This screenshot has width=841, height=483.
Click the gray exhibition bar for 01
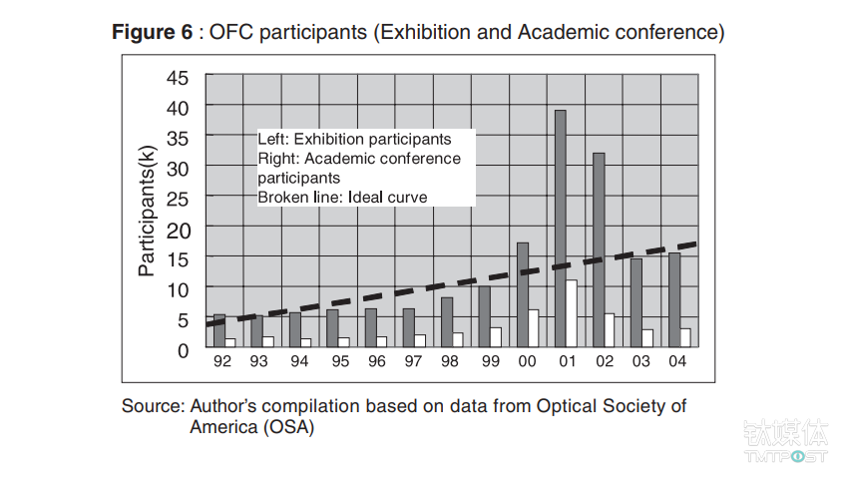pyautogui.click(x=561, y=228)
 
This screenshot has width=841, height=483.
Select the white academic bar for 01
pyautogui.click(x=572, y=313)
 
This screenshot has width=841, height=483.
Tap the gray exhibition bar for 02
pyautogui.click(x=599, y=249)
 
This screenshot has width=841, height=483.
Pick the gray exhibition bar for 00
pyautogui.click(x=523, y=294)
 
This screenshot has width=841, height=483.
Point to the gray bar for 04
pyautogui.click(x=674, y=299)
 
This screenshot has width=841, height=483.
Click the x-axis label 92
pyautogui.click(x=222, y=361)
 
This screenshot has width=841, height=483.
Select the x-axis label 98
pyautogui.click(x=449, y=361)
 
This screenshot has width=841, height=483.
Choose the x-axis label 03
pyautogui.click(x=639, y=361)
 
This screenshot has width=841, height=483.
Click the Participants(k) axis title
pyautogui.click(x=147, y=211)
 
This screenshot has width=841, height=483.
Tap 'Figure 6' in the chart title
pyautogui.click(x=152, y=32)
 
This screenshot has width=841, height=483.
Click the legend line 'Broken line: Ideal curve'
pyautogui.click(x=342, y=198)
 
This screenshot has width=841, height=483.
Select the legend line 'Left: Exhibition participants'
pyautogui.click(x=354, y=140)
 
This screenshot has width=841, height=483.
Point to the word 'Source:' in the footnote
pyautogui.click(x=152, y=406)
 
